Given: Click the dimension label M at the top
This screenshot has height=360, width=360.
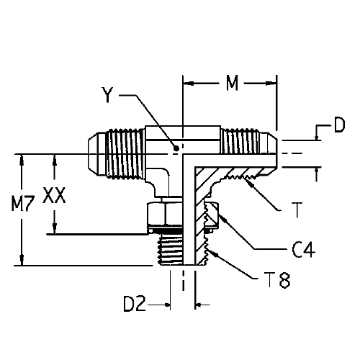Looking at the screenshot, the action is tap(232, 83).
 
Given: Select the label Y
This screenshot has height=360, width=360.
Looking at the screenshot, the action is tap(107, 95).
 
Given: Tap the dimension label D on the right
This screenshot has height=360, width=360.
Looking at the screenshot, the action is tap(339, 125).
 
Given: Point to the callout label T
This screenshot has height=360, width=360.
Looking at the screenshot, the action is tap(297, 210).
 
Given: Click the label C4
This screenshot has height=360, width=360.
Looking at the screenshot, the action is tap(303, 250).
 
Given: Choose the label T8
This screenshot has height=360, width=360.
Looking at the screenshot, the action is tap(279, 279).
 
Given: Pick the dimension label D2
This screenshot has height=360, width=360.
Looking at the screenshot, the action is tap(135, 304).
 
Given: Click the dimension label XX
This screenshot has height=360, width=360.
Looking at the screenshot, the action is tap(54, 195).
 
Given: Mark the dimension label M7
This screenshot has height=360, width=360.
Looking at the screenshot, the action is tap(23, 204).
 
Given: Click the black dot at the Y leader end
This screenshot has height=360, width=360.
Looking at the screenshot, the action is tap(176, 148).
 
